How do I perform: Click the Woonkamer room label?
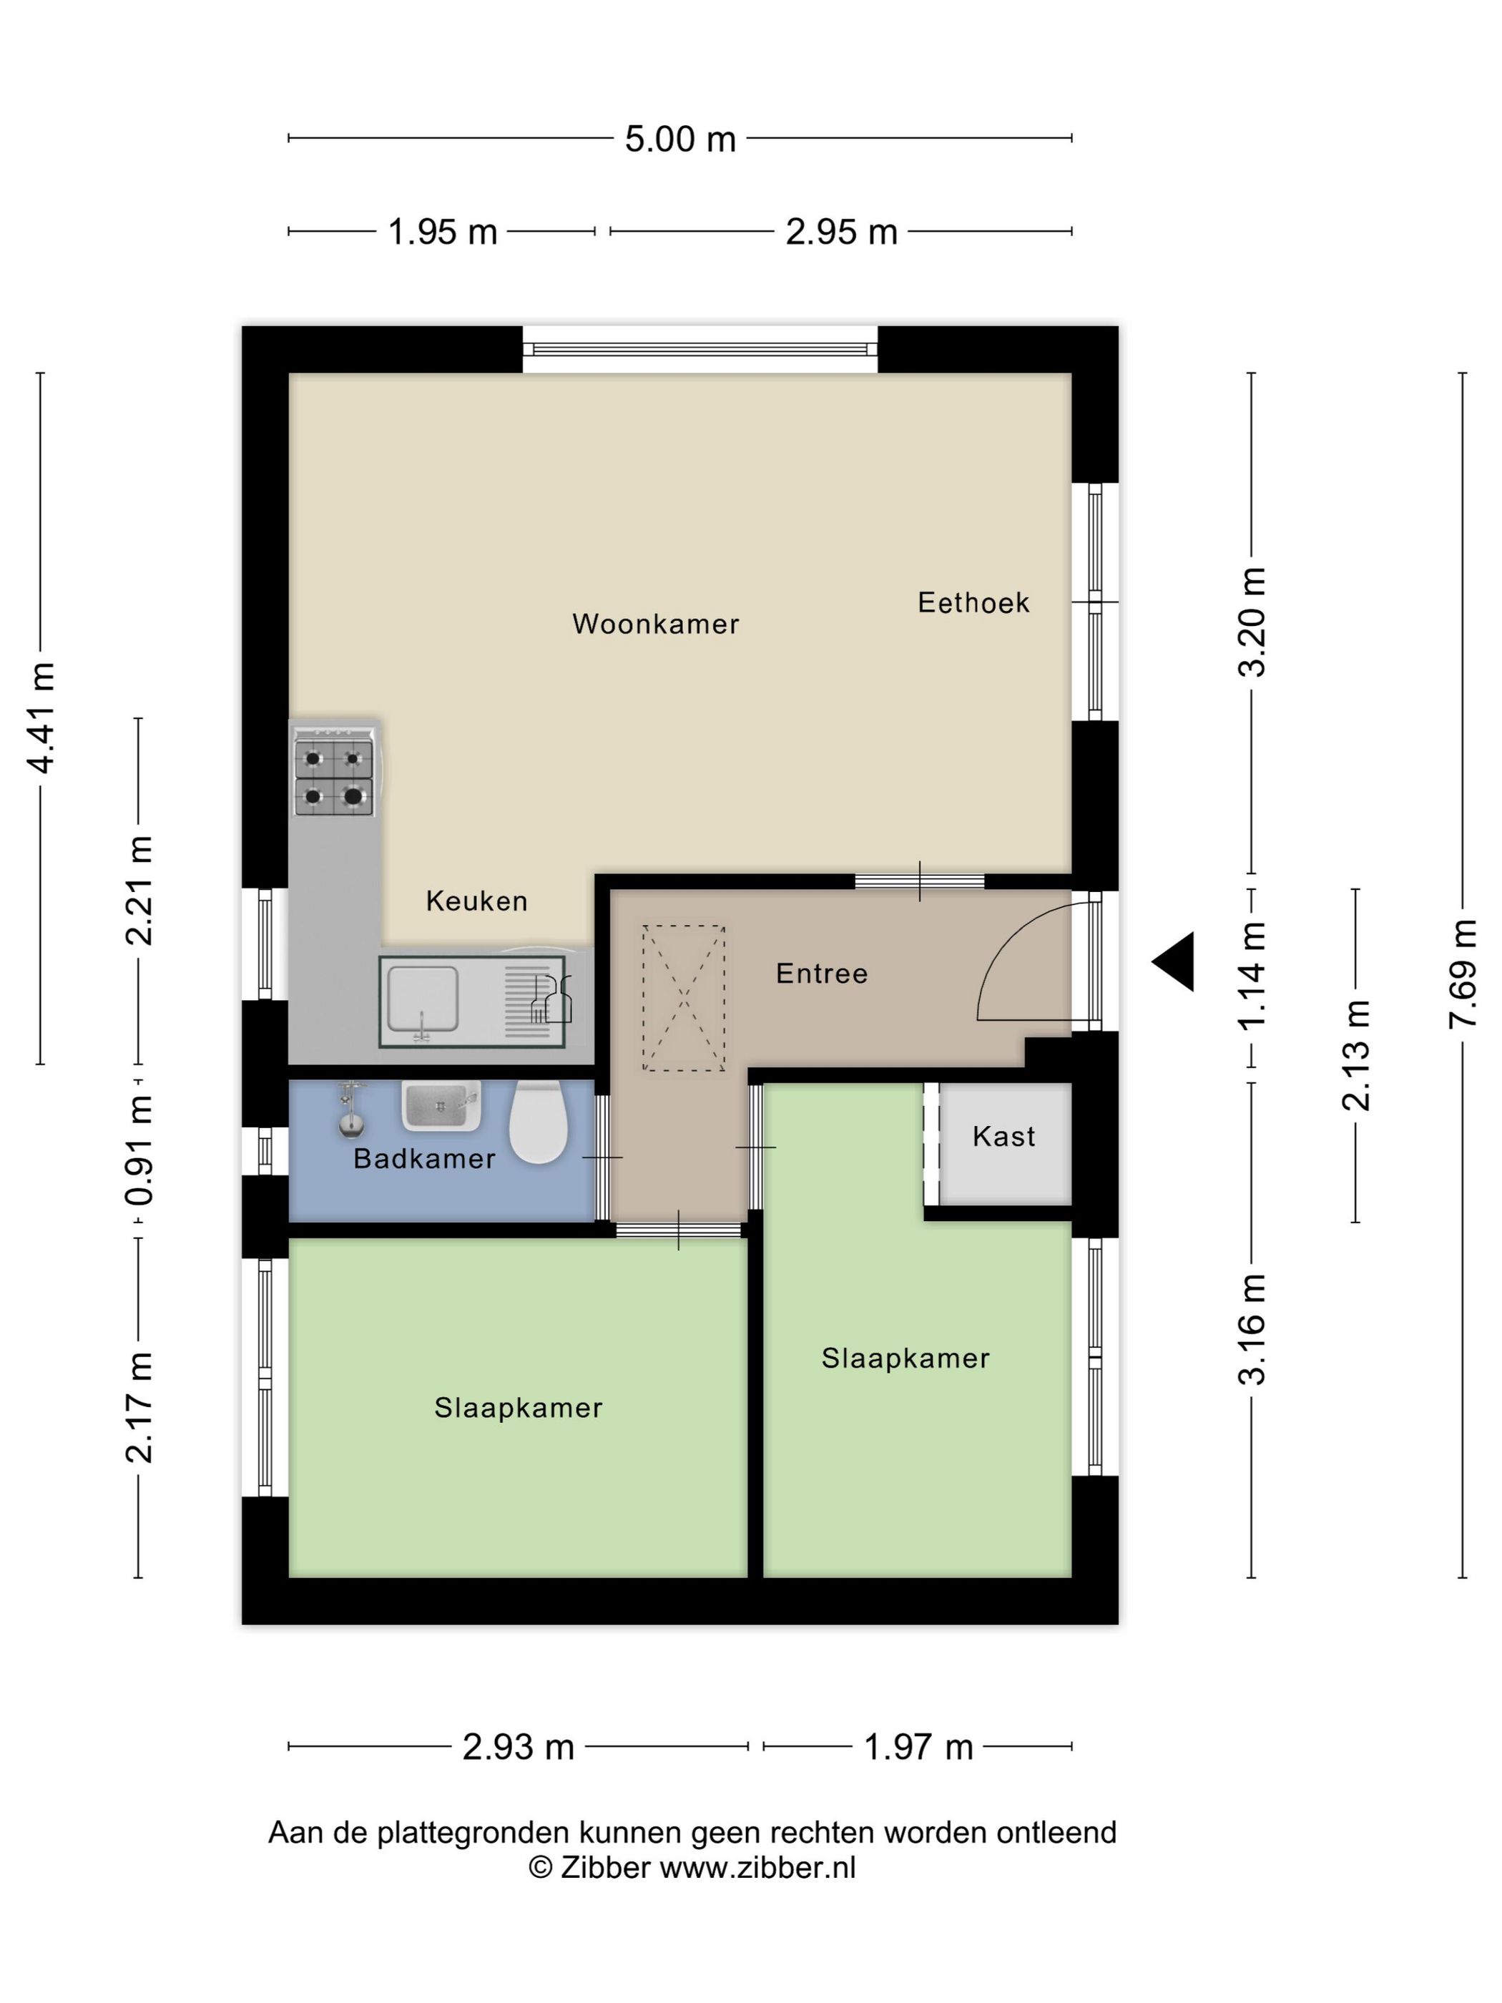[x=655, y=624]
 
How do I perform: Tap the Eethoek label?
[x=973, y=602]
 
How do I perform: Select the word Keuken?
[x=476, y=901]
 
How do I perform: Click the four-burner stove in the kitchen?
[x=334, y=777]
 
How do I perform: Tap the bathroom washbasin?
[x=440, y=1106]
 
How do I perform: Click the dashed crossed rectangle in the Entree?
[x=684, y=998]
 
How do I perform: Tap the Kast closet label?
[x=1004, y=1137]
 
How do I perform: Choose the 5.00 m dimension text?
[x=680, y=139]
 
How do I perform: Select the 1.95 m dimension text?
[x=443, y=232]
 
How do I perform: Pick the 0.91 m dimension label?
[x=139, y=1151]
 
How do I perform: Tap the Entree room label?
[x=822, y=974]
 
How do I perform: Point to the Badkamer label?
[x=425, y=1159]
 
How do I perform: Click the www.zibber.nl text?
[x=757, y=1868]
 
